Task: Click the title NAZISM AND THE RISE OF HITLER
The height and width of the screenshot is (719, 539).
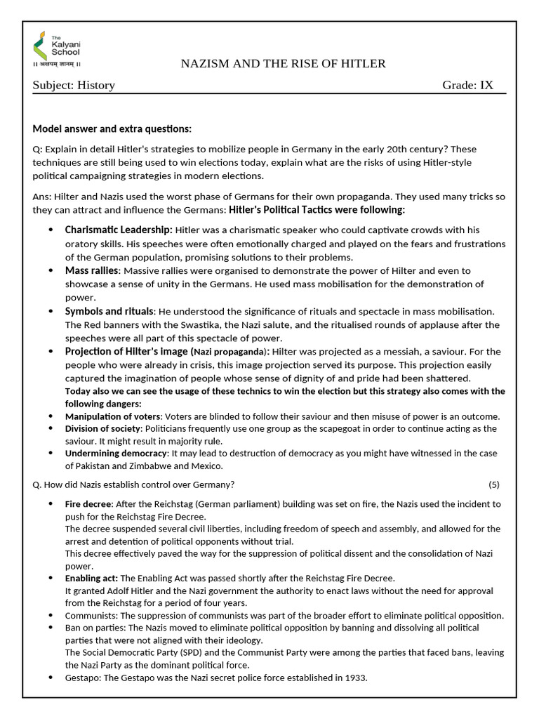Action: point(283,64)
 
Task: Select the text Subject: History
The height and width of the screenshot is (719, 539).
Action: point(74,86)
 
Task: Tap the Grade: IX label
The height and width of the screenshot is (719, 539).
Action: point(467,86)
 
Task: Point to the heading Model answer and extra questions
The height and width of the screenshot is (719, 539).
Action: point(112,129)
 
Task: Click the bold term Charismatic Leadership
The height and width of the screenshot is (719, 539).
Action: point(118,230)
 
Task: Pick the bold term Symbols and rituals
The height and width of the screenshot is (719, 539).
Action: point(109,311)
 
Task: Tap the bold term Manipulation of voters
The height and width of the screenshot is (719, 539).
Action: point(112,416)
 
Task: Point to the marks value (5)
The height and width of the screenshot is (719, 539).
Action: point(494,484)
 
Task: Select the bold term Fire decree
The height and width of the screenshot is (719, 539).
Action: point(88,504)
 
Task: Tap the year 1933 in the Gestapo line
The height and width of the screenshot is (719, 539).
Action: point(356,678)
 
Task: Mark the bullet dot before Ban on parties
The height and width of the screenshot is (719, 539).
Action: point(51,628)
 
